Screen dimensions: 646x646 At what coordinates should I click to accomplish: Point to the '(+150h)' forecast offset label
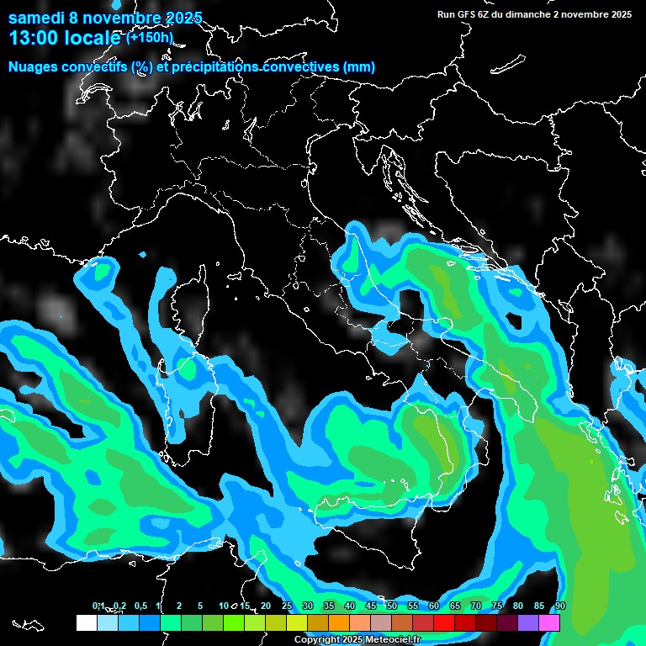pyautogui.click(x=150, y=37)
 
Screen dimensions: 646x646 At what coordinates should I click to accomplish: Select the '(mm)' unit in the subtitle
pyautogui.click(x=358, y=67)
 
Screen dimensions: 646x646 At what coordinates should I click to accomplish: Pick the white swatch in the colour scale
pyautogui.click(x=87, y=622)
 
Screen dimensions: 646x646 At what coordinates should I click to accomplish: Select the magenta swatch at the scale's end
pyautogui.click(x=549, y=622)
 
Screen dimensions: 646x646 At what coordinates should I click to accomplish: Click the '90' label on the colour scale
pyautogui.click(x=560, y=606)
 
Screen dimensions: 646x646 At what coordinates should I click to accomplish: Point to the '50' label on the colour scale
pyautogui.click(x=392, y=606)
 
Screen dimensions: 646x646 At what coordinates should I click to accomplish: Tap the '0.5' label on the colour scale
pyautogui.click(x=140, y=606)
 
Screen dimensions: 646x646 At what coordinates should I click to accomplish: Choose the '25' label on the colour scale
pyautogui.click(x=287, y=606)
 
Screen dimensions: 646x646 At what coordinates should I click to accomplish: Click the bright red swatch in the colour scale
pyautogui.click(x=444, y=622)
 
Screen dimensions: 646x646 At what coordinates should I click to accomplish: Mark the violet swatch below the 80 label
pyautogui.click(x=528, y=622)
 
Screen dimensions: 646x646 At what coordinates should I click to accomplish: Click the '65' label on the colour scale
pyautogui.click(x=455, y=606)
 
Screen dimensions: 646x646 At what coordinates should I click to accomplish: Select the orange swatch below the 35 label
pyautogui.click(x=339, y=622)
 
